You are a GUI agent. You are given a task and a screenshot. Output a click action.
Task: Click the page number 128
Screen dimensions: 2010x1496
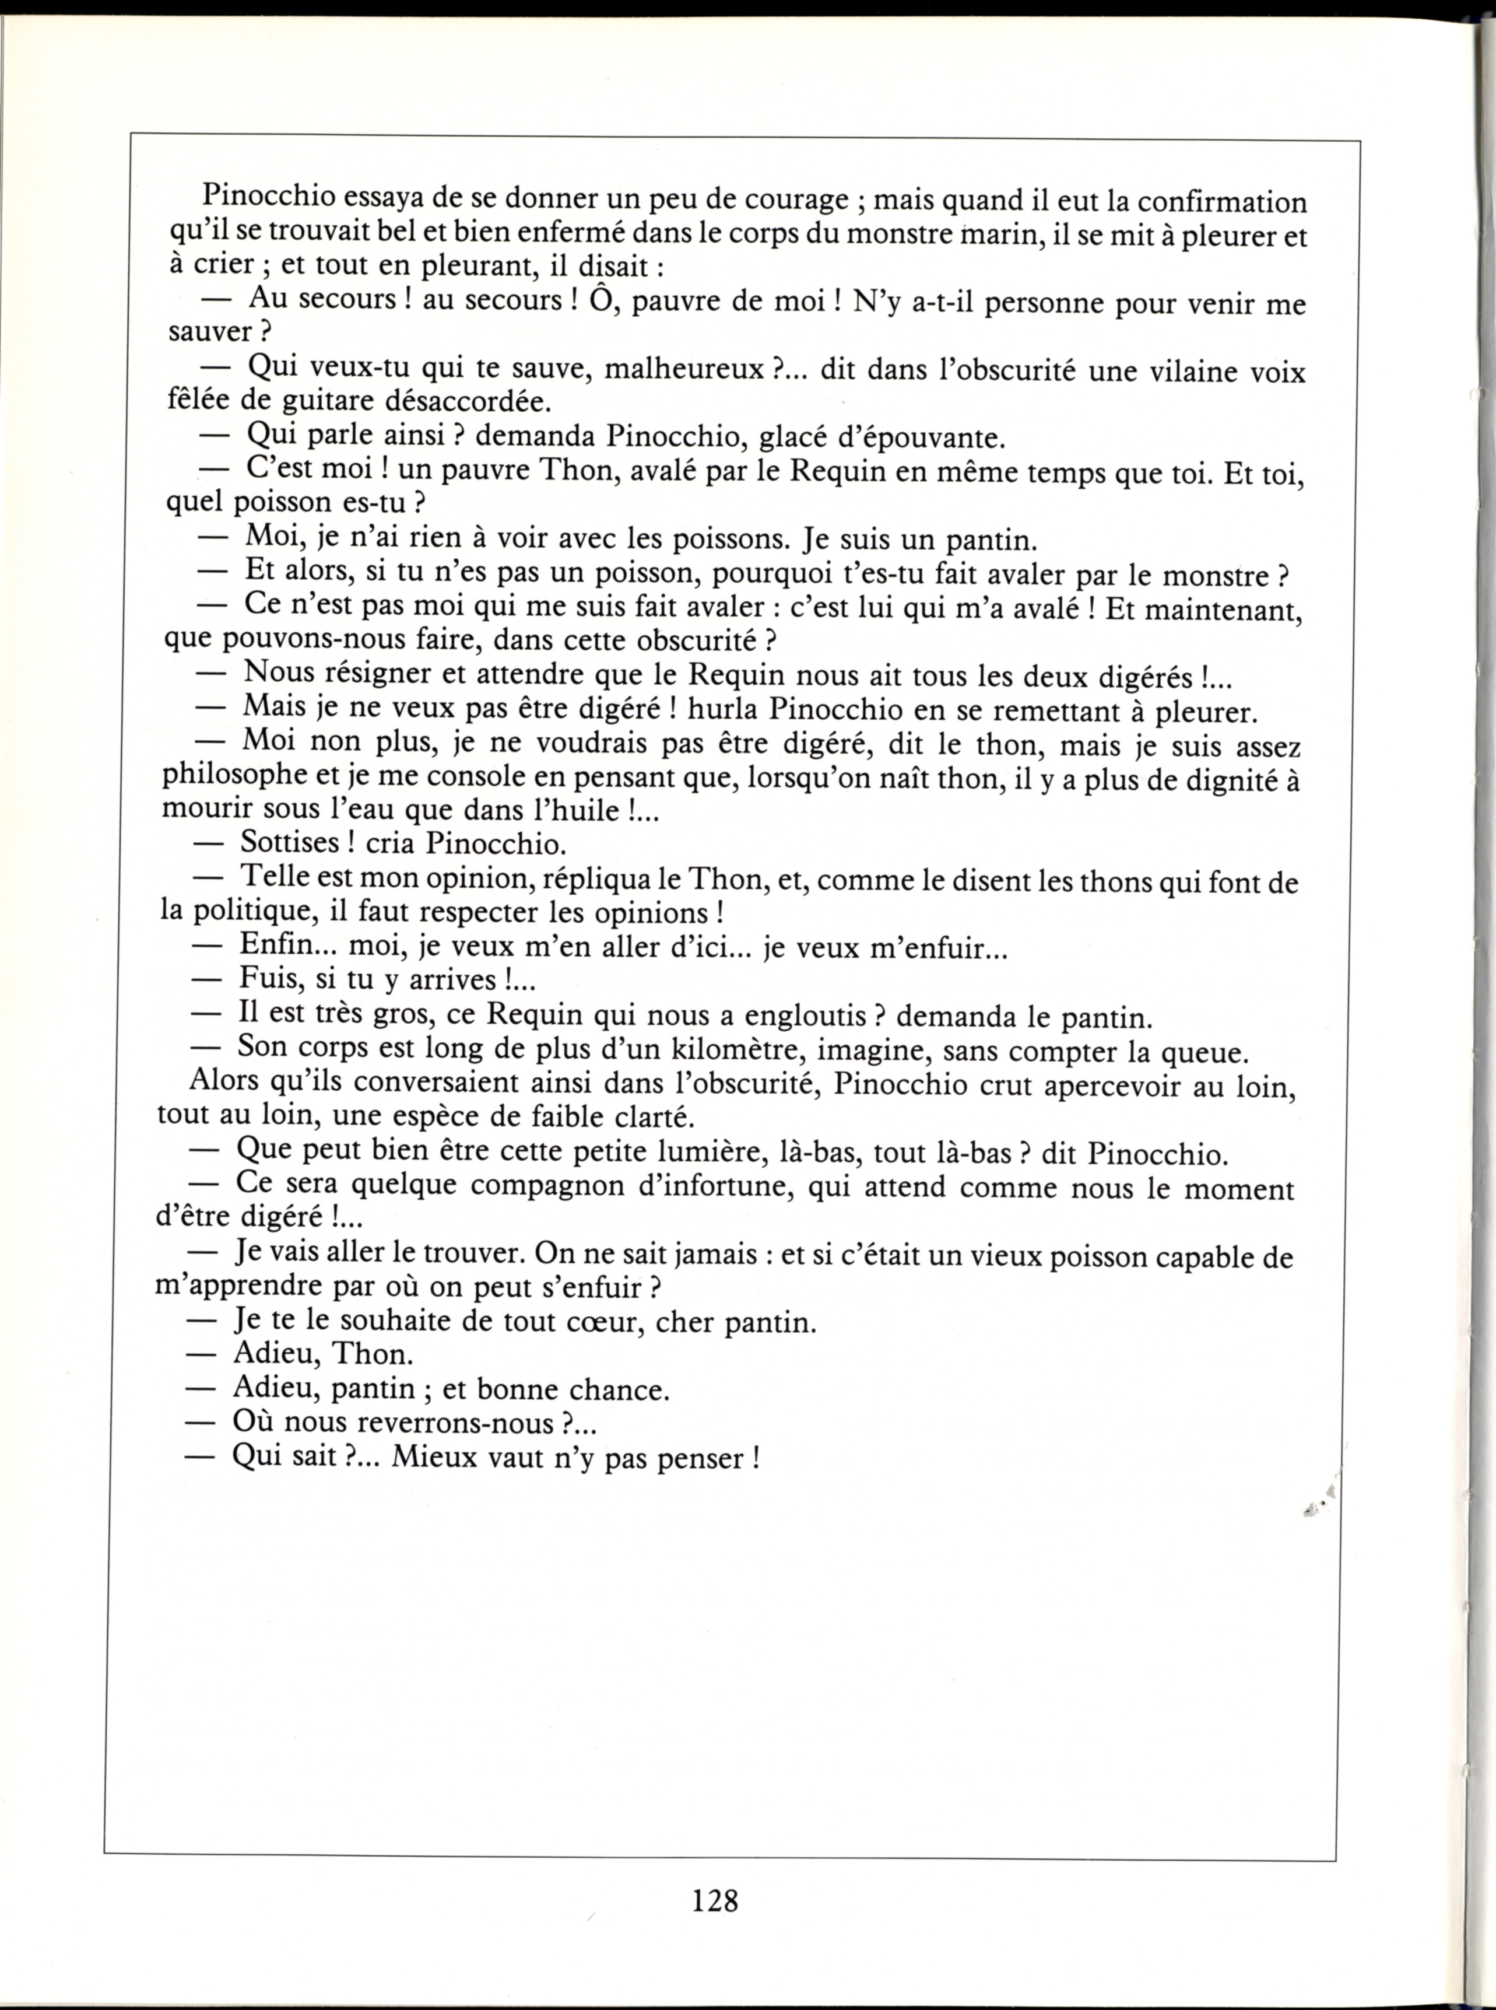715,1900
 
